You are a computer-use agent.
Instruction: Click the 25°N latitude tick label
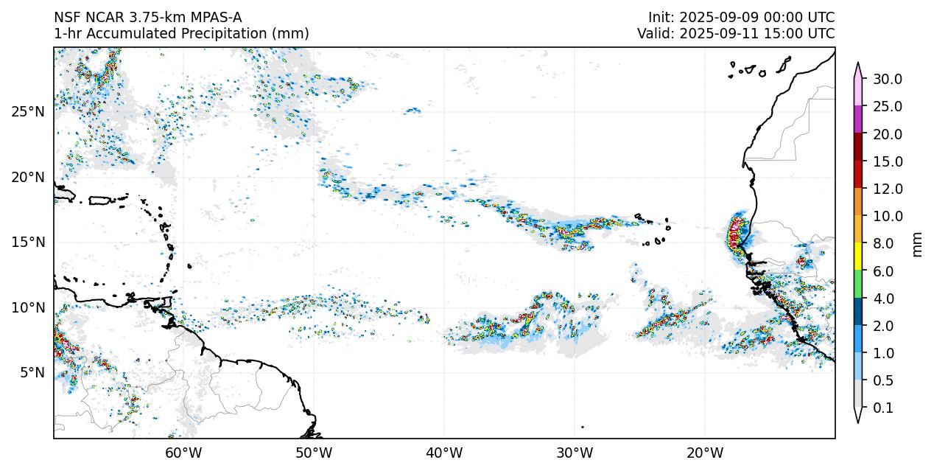(x=28, y=111)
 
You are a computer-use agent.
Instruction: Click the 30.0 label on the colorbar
(x=888, y=80)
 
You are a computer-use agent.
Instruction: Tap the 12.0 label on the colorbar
(x=888, y=189)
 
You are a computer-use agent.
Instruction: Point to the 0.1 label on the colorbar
(x=888, y=408)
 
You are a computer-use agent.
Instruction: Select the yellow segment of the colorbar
(x=858, y=257)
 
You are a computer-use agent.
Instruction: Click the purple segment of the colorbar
(x=858, y=119)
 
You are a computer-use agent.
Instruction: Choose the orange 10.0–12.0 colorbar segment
(x=858, y=202)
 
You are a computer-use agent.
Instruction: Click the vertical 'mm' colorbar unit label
(x=917, y=244)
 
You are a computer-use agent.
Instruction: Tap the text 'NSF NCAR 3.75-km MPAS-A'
(x=147, y=18)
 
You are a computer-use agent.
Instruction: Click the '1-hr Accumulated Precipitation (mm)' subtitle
(x=181, y=34)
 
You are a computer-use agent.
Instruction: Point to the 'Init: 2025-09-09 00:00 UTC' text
(x=741, y=18)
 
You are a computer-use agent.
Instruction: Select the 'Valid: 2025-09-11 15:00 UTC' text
(x=736, y=34)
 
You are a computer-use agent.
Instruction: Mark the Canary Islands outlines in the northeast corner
(x=759, y=69)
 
